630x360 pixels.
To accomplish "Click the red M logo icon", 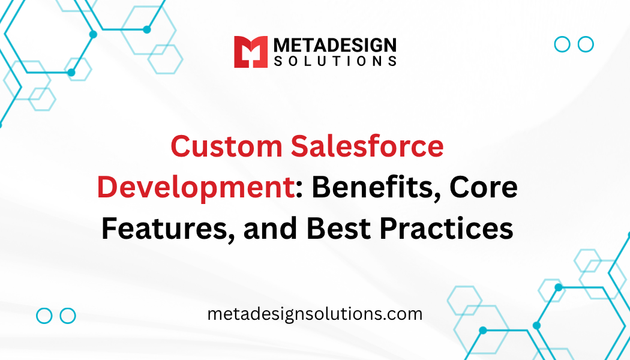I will pos(250,52).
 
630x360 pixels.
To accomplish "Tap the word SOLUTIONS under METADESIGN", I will pos(334,61).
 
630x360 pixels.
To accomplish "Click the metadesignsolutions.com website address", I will pos(315,314).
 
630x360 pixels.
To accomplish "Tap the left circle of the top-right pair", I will pos(562,44).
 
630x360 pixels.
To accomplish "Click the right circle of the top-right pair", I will pos(586,44).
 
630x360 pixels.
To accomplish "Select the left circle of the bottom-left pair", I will pos(44,316).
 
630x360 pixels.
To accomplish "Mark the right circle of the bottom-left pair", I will pos(68,316).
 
